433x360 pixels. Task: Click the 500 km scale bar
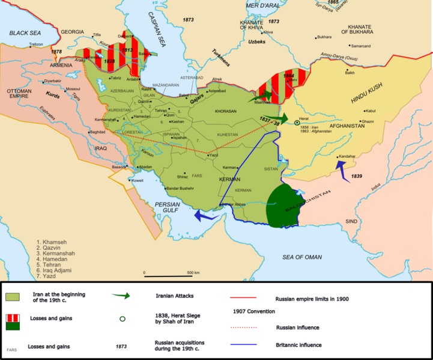[x=169, y=275]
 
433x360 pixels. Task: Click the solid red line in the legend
[x=243, y=297]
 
